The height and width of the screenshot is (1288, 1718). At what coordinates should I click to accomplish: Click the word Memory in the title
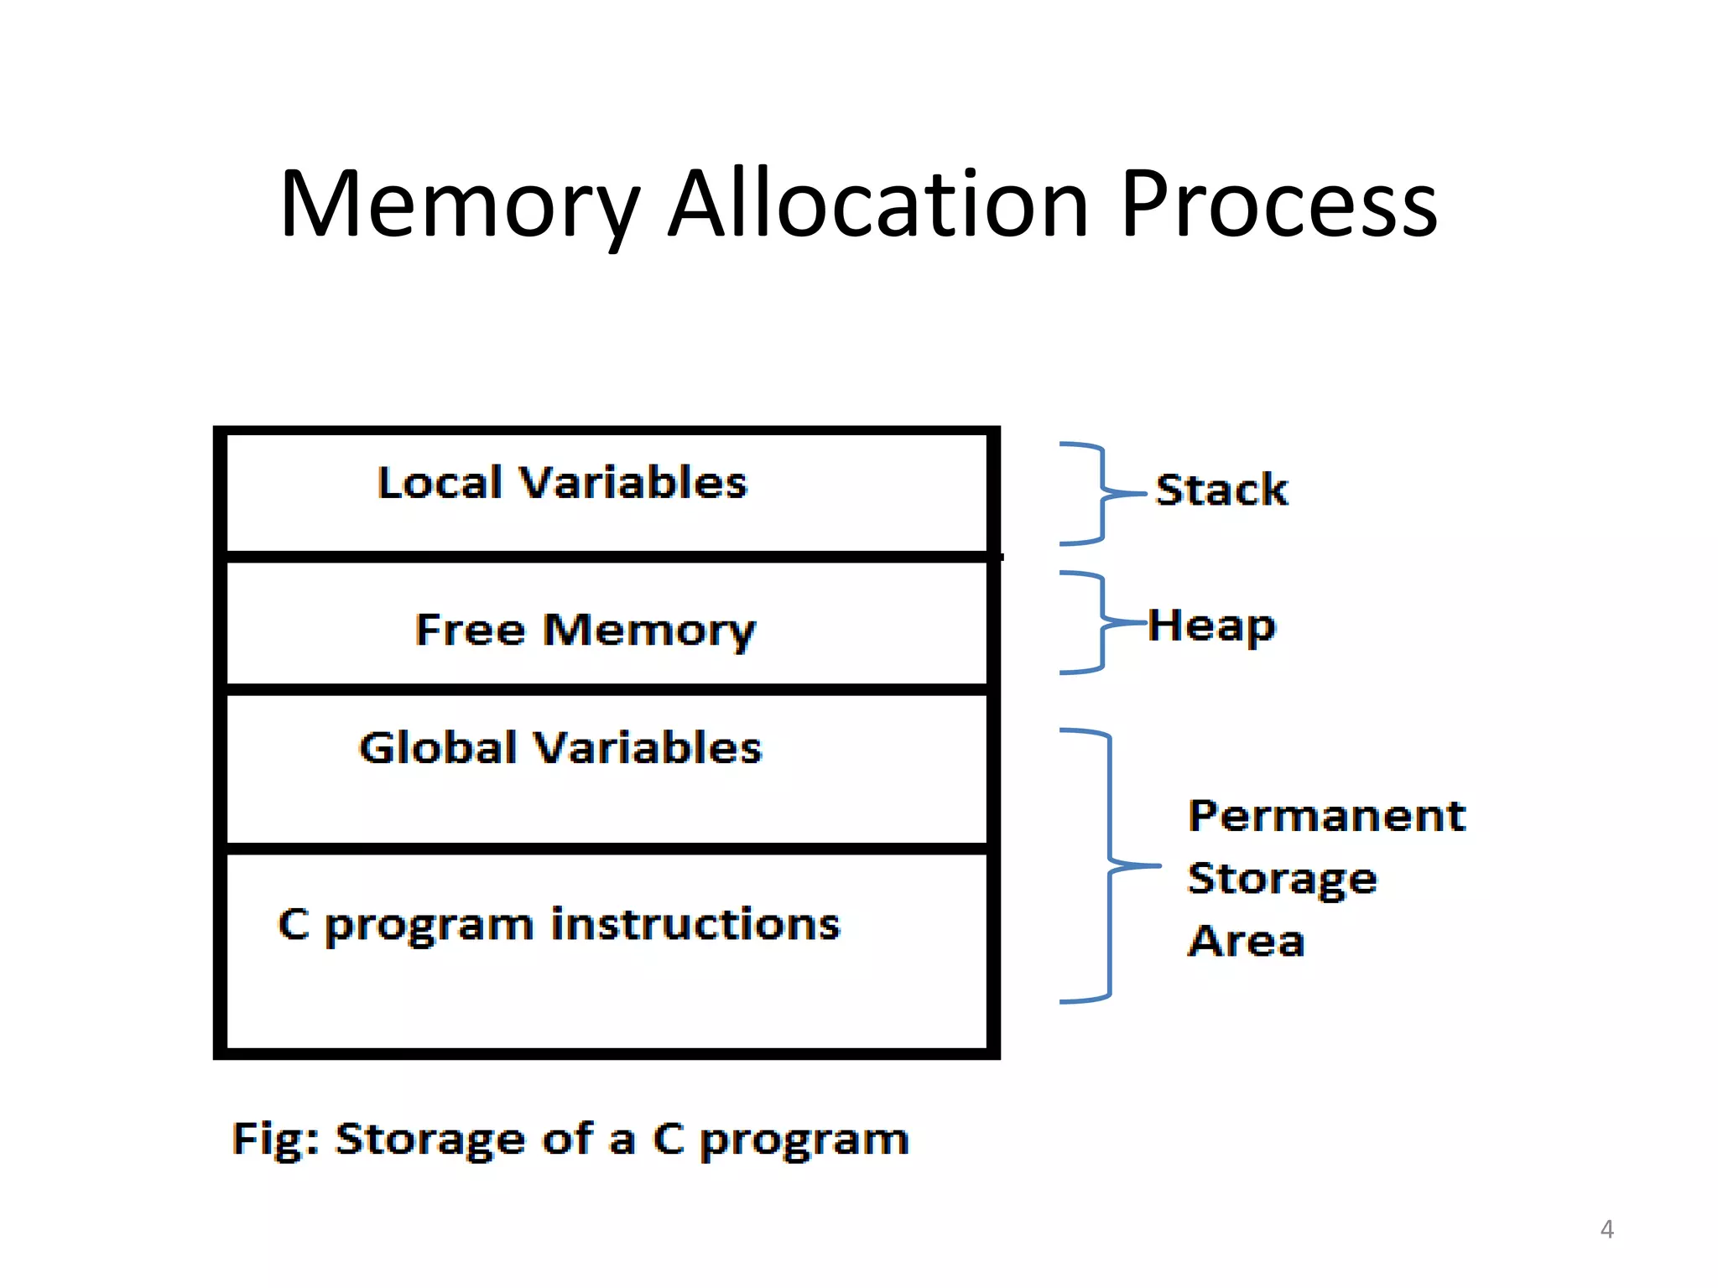pos(460,205)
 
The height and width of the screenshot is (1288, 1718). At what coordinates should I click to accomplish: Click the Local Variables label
pos(562,483)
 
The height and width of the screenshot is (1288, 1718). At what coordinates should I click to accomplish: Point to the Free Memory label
pos(586,630)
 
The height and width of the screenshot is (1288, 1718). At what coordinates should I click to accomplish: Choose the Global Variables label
pos(560,747)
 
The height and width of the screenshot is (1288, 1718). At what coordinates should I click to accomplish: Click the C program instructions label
pos(559,925)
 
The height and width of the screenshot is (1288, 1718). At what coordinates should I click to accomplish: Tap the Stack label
pos(1221,490)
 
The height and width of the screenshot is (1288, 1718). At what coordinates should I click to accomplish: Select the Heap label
pos(1211,626)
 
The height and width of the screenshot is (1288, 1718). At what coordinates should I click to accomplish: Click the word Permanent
pos(1327,816)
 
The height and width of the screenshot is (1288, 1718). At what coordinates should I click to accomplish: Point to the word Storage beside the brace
pos(1282,879)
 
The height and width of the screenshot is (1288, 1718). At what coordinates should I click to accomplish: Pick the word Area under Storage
pos(1247,941)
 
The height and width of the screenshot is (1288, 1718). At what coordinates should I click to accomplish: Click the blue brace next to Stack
pos(1101,494)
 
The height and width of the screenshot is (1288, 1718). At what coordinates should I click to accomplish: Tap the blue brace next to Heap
pos(1101,623)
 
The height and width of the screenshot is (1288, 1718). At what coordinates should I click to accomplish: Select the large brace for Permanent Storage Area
pos(1109,865)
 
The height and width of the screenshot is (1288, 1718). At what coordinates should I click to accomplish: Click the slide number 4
pos(1606,1229)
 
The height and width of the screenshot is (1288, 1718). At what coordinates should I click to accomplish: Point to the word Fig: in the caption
pos(275,1140)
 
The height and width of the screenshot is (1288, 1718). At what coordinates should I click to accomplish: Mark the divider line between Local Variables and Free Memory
pos(607,557)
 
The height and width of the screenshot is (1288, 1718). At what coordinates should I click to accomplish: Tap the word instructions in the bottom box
pos(695,924)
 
